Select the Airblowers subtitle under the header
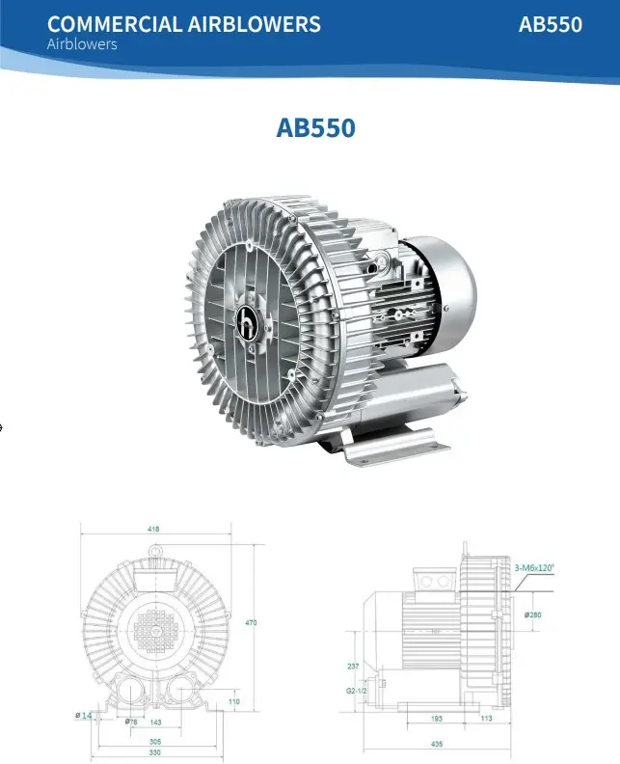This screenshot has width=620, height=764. click(82, 44)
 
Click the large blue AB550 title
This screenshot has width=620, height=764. click(316, 127)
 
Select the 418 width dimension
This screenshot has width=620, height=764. click(154, 529)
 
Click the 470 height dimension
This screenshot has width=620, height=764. click(251, 623)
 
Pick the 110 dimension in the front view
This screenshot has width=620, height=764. click(233, 701)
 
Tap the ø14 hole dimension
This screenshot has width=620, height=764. click(84, 715)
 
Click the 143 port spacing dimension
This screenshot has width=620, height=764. click(155, 722)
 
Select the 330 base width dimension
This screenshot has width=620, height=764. click(154, 752)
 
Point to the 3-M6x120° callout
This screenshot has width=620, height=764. click(534, 568)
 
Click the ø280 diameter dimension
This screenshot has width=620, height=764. click(532, 614)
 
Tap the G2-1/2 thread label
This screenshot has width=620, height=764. click(357, 690)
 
